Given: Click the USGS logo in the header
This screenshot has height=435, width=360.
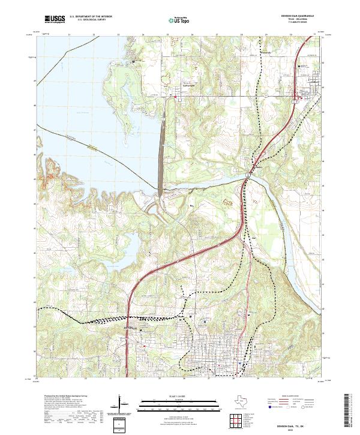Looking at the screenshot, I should (x=55, y=19).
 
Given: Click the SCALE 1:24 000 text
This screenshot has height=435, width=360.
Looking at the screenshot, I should (x=180, y=395).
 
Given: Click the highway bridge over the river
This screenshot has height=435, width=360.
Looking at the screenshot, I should (x=248, y=174).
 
